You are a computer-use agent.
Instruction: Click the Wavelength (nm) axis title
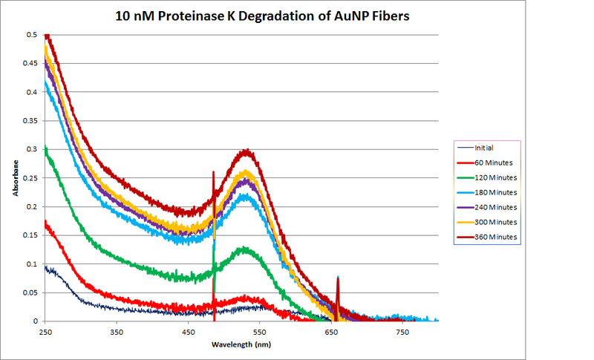(x=241, y=346)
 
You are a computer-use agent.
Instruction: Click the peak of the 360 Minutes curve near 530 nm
(x=247, y=151)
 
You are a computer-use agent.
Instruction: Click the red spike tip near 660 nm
(x=338, y=278)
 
